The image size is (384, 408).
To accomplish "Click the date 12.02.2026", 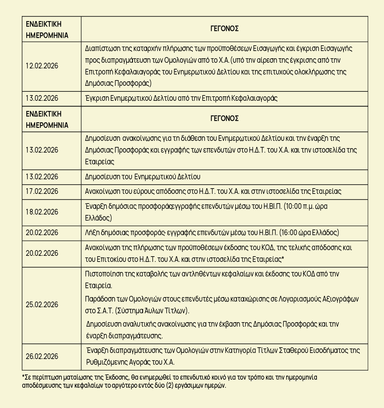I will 42,66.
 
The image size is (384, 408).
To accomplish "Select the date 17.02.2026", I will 42,191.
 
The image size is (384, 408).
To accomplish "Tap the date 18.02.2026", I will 42,212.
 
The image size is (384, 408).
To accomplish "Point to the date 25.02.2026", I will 42,305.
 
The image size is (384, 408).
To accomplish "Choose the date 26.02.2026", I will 42,357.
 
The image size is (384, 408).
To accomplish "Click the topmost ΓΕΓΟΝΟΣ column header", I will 224,29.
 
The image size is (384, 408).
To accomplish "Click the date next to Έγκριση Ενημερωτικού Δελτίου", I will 42,98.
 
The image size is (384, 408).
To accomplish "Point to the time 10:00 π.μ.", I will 302,206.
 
